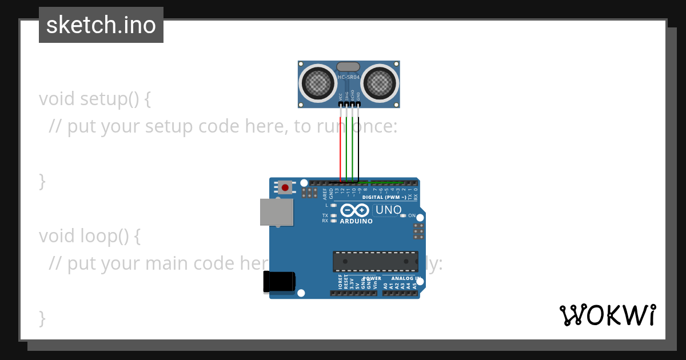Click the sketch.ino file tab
[x=101, y=25]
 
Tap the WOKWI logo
[x=608, y=315]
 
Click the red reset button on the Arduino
[x=285, y=187]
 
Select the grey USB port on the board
[x=276, y=211]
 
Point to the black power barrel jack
[x=280, y=282]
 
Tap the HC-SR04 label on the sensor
[x=349, y=77]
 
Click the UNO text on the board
[x=389, y=210]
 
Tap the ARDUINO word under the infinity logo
[x=356, y=221]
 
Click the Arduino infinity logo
[x=356, y=210]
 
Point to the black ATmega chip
[x=375, y=261]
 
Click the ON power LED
[x=403, y=216]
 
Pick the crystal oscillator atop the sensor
[x=349, y=67]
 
